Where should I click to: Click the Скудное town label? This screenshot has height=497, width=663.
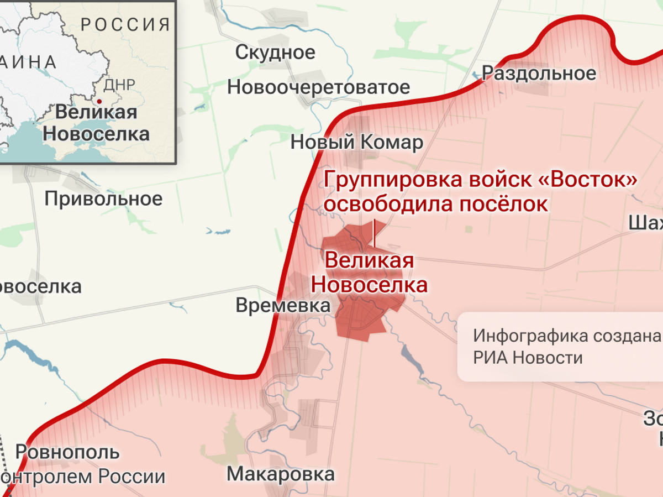pos(275,53)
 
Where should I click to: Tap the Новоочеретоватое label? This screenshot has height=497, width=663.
pos(319,87)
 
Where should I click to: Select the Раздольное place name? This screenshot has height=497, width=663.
pos(539,74)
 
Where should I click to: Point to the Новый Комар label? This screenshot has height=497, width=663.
pos(357,143)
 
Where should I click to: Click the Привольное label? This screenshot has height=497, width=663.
pos(103,198)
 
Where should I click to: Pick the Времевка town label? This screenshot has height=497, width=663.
pos(283,305)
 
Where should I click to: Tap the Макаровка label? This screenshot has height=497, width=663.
pos(281,474)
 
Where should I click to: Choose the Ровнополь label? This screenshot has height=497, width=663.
pos(67,452)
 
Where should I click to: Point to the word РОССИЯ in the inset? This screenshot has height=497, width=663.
pos(125,24)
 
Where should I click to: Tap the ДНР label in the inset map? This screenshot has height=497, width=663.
pos(119,85)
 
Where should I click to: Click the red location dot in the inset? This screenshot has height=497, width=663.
pos(99,101)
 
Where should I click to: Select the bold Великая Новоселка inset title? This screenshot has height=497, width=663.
pos(96,123)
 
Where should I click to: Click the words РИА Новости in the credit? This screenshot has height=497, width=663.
pos(528,358)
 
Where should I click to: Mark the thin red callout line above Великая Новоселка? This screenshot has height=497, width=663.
pos(375,233)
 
